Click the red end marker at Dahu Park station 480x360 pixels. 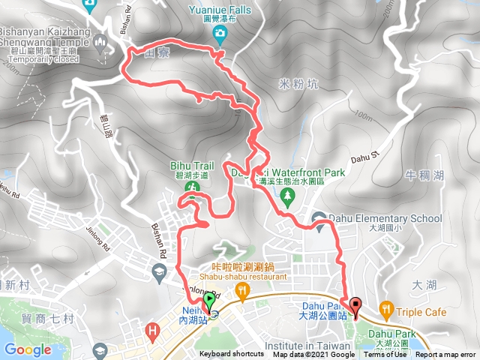(355, 304)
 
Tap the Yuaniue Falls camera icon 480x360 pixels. (219, 32)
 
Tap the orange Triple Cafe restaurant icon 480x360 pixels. (385, 307)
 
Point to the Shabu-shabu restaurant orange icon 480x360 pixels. (241, 289)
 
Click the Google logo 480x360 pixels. (28, 349)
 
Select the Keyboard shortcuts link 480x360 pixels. (232, 355)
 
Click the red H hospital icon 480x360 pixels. (153, 328)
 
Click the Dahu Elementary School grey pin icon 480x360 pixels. (318, 220)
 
